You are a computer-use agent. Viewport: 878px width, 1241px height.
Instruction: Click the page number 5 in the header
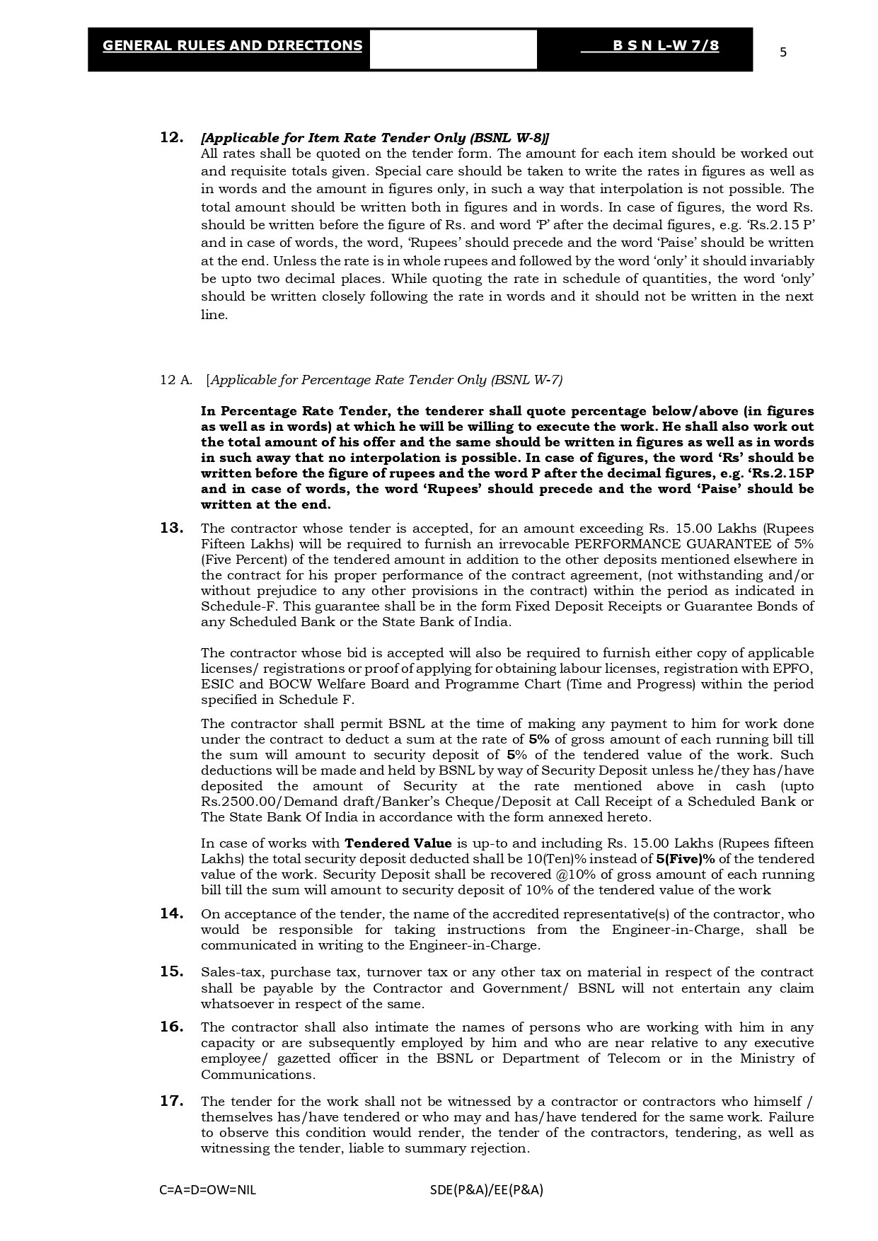(x=782, y=52)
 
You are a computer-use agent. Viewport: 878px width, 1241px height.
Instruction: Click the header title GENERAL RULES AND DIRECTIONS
(x=232, y=46)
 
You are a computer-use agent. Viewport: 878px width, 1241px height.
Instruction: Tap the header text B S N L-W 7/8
(x=666, y=46)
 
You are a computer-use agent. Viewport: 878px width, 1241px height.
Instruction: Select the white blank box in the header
(x=453, y=50)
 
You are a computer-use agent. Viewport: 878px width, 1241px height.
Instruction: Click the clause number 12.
(x=172, y=137)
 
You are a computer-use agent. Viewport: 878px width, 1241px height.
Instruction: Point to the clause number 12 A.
(x=176, y=380)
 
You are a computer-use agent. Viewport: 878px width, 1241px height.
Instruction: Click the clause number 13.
(x=172, y=528)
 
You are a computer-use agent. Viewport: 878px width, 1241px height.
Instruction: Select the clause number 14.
(x=172, y=913)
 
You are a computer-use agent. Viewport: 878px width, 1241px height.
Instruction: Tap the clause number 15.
(x=172, y=971)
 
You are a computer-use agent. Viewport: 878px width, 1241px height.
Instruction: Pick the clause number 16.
(x=172, y=1027)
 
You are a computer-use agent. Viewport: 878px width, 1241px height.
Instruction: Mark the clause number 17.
(x=172, y=1101)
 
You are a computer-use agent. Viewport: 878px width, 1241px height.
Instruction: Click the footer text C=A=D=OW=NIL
(x=208, y=1189)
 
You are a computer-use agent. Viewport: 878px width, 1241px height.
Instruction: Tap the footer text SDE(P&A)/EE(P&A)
(x=487, y=1189)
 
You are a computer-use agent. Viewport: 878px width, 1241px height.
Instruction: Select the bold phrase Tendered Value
(x=398, y=843)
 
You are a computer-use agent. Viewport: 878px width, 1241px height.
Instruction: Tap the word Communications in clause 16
(x=258, y=1075)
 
